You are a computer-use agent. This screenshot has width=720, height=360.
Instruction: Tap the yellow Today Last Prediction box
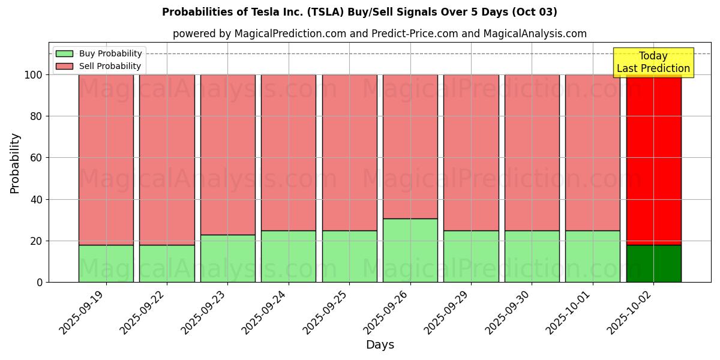pos(653,62)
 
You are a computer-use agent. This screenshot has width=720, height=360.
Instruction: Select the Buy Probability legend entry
pos(110,54)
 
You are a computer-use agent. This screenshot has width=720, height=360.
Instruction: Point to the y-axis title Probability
pos(15,163)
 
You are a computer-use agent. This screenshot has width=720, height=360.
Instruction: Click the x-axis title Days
pos(380,345)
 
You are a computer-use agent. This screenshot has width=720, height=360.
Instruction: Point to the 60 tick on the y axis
pos(37,158)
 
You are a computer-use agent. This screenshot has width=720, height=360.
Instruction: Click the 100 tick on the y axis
pos(34,75)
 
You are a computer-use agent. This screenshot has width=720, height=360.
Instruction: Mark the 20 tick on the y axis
pos(37,241)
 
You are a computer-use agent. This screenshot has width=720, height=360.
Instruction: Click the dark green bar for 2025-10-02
pos(653,263)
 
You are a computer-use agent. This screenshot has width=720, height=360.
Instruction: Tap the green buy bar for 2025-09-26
pos(410,250)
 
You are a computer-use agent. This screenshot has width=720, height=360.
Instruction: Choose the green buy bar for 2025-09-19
pos(106,263)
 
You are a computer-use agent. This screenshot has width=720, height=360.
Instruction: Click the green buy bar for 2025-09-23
pos(228,259)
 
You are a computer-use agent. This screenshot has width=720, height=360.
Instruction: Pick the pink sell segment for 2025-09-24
pos(289,152)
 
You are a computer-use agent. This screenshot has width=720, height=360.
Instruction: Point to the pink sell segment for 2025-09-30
pos(532,152)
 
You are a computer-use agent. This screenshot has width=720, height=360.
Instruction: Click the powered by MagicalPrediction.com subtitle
pos(380,34)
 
